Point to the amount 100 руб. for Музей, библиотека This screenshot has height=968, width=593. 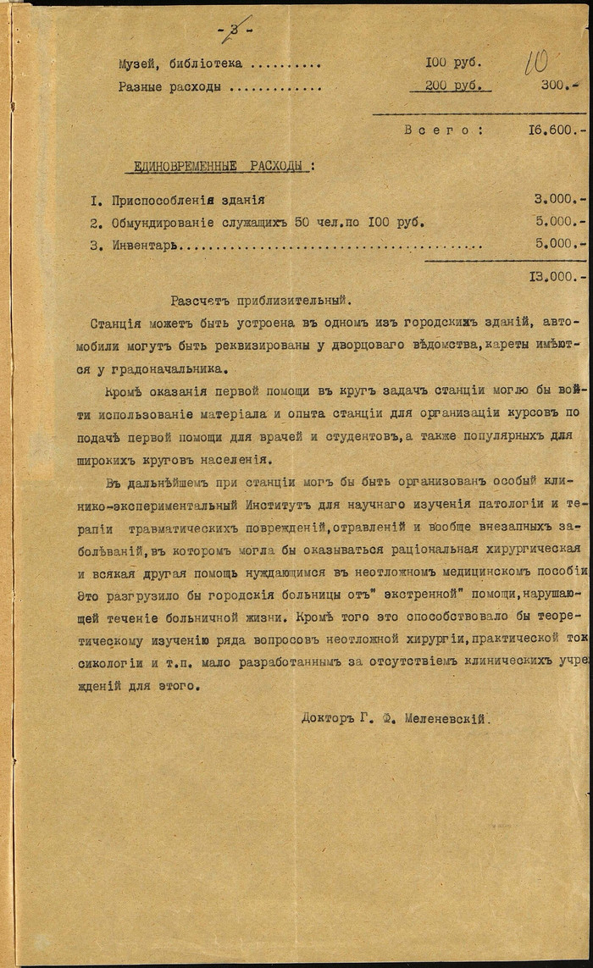(453, 64)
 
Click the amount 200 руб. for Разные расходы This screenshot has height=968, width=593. (453, 86)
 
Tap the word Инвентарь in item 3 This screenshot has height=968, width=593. (147, 244)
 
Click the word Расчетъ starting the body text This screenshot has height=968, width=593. (197, 300)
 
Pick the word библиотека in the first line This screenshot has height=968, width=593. (199, 64)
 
